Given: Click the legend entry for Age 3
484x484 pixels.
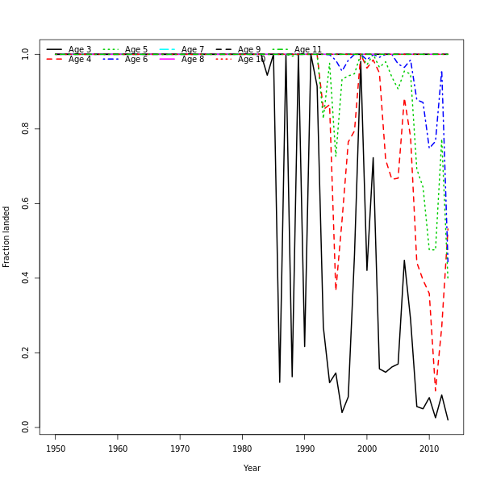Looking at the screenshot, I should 80,49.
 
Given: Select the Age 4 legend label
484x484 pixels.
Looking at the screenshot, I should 80,60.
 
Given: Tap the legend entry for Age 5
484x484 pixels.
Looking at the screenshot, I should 136,49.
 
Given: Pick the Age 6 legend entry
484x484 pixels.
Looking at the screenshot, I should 136,60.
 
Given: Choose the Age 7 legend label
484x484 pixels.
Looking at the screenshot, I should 193,49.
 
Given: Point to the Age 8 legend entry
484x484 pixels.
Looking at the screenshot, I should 193,60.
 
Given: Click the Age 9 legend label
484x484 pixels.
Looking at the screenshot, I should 249,49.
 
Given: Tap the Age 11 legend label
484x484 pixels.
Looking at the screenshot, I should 308,49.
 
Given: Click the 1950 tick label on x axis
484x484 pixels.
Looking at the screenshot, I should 56,449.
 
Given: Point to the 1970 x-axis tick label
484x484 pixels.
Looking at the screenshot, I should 180,449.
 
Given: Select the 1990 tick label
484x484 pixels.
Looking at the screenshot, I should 304,449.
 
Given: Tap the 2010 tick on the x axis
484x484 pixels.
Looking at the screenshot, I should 428,449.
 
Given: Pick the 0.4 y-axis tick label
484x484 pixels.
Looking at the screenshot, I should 26,278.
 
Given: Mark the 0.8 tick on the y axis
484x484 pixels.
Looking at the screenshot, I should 26,128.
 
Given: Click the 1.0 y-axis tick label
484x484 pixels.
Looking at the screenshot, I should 26,54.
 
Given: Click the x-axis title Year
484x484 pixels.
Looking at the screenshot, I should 252,468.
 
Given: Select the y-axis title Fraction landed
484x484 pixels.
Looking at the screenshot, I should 7,236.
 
